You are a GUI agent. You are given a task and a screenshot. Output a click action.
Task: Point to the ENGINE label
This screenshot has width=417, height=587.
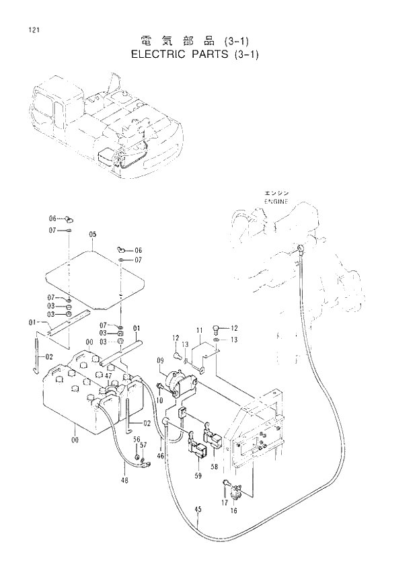tap(275, 201)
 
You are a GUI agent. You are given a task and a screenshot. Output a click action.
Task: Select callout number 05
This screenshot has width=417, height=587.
tap(92, 235)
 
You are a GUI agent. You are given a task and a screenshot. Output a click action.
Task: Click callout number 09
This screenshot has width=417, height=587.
tap(161, 361)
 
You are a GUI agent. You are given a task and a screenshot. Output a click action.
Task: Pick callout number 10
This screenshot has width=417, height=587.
tap(160, 401)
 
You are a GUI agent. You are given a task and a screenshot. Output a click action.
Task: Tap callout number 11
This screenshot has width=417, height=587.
tap(199, 331)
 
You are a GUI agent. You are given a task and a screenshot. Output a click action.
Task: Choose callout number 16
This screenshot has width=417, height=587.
tap(234, 511)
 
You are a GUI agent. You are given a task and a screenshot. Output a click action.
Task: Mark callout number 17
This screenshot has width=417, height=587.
tap(225, 502)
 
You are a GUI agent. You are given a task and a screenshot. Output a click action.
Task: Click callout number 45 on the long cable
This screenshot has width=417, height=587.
tap(198, 510)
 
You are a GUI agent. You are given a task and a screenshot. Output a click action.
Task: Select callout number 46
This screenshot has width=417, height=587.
tap(161, 457)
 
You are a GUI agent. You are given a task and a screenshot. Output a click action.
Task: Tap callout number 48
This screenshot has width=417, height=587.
tap(124, 480)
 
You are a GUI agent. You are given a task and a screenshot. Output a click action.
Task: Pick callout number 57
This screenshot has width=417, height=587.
tap(143, 445)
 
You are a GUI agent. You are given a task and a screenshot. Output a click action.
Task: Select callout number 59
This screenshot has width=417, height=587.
tap(198, 476)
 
